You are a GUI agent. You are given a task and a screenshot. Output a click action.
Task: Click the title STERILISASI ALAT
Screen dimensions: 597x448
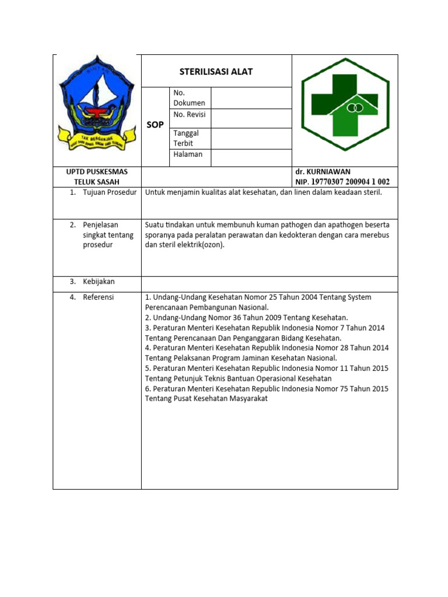[x=216, y=72]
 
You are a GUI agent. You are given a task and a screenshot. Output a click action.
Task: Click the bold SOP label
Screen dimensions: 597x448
[x=155, y=125]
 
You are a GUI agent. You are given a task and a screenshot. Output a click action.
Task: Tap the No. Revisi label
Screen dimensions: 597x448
[x=190, y=115]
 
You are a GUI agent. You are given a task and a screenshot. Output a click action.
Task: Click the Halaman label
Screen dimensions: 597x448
[x=188, y=154]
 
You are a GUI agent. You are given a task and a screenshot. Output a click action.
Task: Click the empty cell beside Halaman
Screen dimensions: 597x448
[x=251, y=157]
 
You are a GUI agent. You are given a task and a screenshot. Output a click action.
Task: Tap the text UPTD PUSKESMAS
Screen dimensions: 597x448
[x=97, y=172]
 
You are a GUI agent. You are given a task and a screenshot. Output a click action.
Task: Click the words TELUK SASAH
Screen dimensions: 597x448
[x=97, y=182]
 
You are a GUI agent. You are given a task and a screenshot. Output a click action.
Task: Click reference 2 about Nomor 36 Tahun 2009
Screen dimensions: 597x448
[x=246, y=318]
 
